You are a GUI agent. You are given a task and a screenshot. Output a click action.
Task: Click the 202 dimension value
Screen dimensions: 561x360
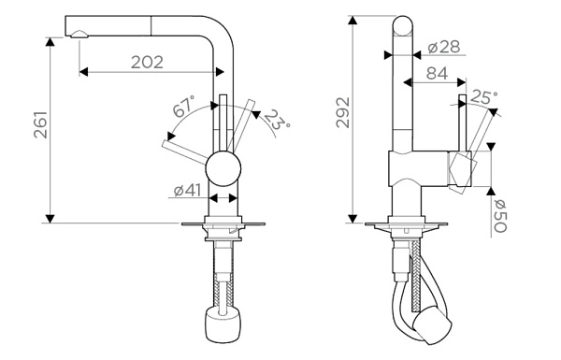147,63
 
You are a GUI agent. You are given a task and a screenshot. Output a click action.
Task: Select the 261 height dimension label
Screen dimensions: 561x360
41,125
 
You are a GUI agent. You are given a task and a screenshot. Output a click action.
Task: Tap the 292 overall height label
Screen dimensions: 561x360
343,112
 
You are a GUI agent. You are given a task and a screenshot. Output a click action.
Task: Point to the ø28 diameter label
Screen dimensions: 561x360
444,47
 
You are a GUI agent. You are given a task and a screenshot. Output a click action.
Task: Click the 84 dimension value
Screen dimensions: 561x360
437,73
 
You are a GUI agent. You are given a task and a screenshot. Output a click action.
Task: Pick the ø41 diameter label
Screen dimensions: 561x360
188,191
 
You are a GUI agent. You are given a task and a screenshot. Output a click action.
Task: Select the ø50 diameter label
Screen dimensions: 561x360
500,216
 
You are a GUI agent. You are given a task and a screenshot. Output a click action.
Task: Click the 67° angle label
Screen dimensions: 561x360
184,107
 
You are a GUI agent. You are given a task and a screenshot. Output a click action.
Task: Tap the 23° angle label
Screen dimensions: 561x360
278,120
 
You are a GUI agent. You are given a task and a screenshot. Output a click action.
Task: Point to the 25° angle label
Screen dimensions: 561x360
483,97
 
